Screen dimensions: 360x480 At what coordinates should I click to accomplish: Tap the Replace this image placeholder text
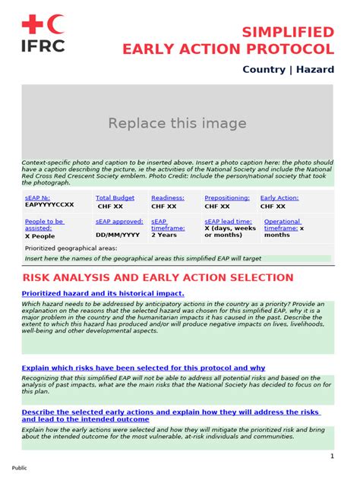click(177, 123)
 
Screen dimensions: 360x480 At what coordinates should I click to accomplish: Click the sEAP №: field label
click(37, 197)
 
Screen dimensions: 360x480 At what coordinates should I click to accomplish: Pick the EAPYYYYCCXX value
click(49, 205)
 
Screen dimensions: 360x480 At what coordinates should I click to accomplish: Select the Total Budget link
click(115, 197)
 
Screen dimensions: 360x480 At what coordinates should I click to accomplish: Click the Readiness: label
click(167, 197)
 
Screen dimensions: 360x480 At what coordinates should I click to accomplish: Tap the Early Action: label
click(279, 197)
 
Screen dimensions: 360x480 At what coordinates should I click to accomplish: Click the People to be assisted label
click(44, 225)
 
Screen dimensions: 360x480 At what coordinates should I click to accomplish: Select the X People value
click(40, 236)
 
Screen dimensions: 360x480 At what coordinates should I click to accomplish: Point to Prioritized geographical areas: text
click(71, 248)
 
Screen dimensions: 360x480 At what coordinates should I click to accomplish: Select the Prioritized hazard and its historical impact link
click(103, 293)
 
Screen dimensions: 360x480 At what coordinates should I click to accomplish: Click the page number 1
click(331, 456)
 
